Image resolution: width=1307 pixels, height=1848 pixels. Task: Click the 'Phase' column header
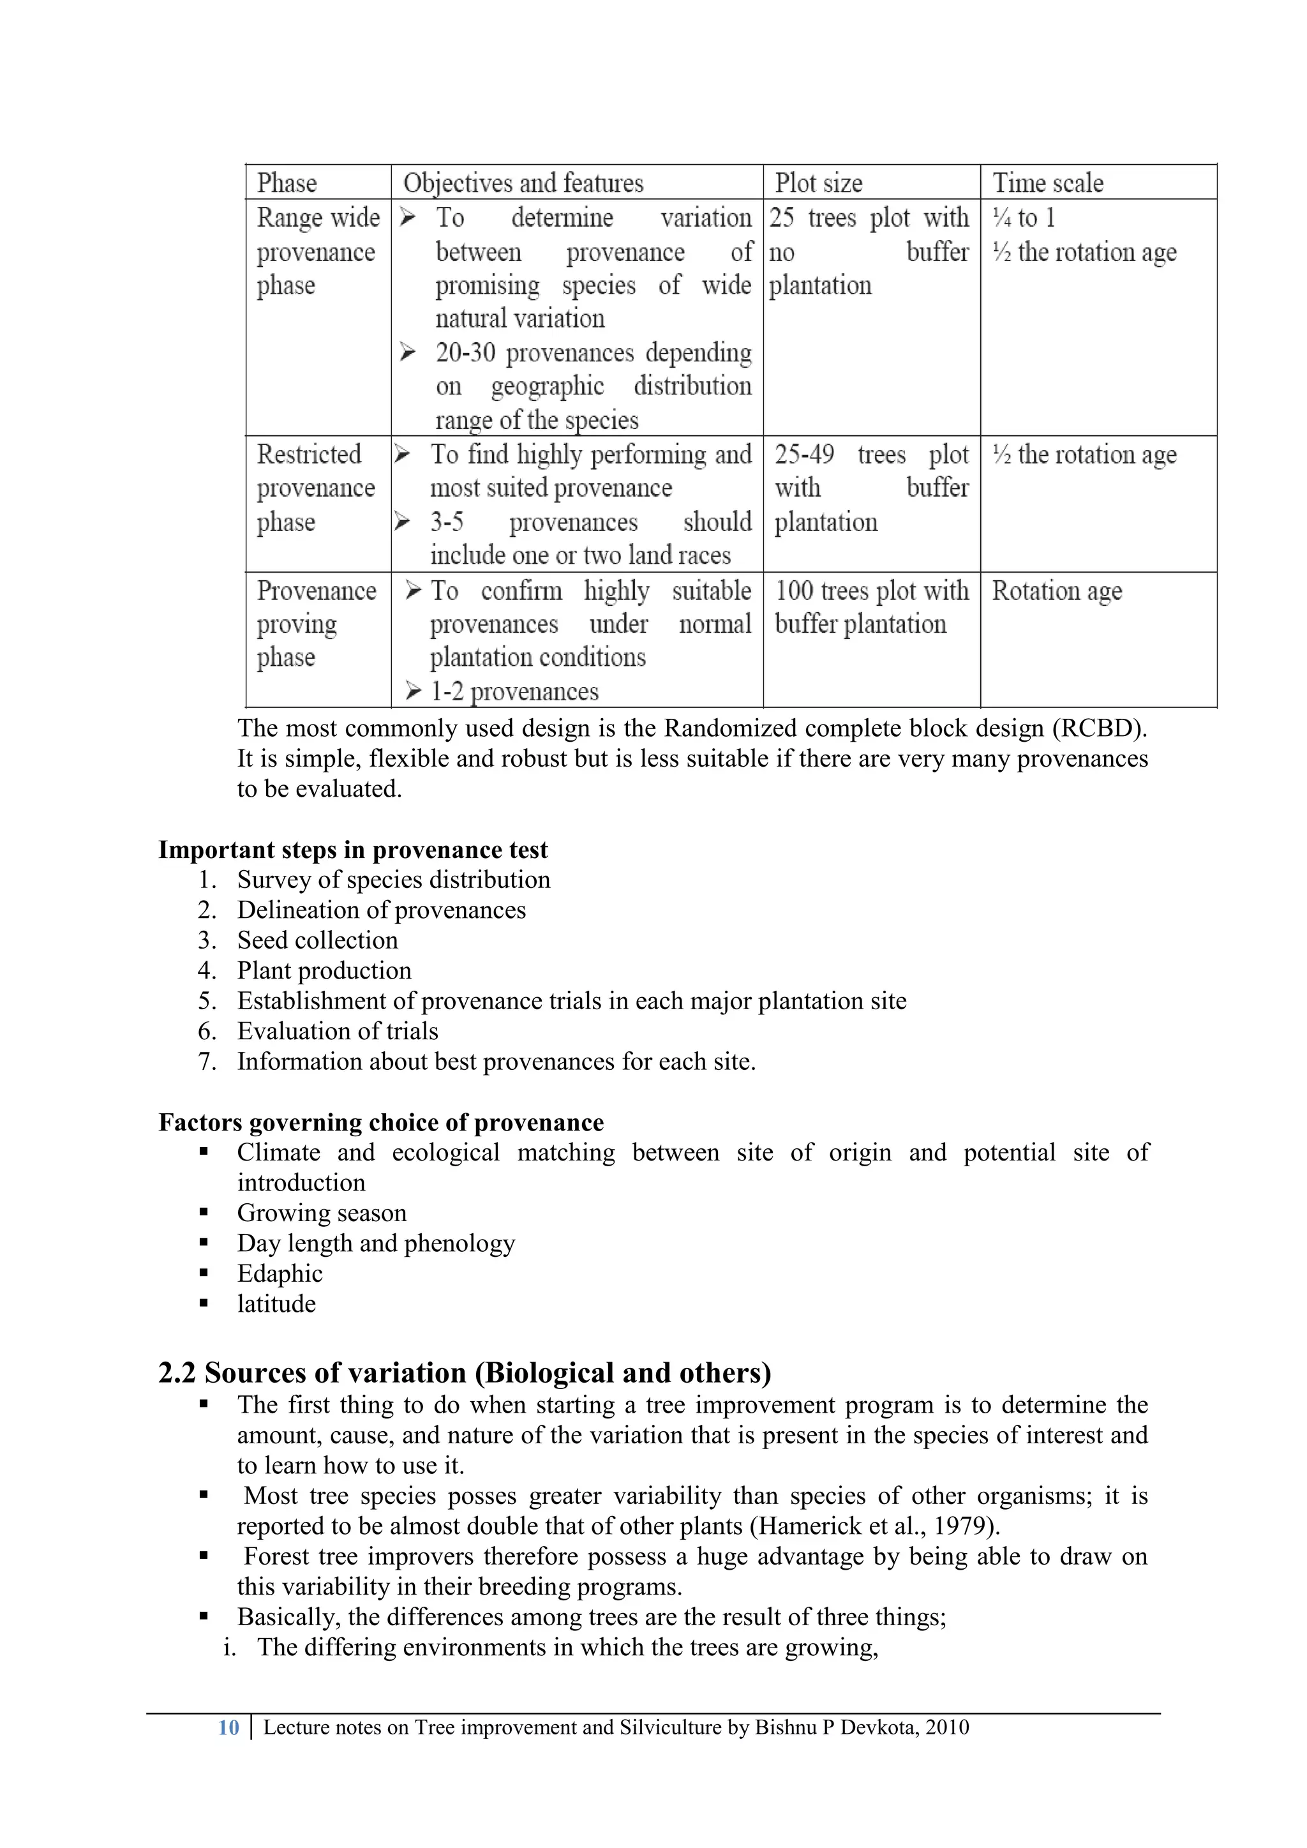287,183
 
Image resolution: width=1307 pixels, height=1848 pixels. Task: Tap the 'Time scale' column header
1047,183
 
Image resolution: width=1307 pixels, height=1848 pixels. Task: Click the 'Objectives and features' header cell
523,183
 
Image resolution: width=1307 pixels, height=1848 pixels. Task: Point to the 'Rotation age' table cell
1056,590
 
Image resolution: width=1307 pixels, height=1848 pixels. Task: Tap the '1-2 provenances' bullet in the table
514,691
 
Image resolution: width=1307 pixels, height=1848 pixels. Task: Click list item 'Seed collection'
317,940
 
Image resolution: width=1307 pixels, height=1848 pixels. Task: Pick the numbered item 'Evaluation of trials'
337,1031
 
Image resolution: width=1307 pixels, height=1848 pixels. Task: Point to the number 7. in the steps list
207,1062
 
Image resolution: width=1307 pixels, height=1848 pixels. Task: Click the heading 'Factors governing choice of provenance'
380,1122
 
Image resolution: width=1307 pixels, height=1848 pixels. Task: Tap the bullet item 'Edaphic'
280,1273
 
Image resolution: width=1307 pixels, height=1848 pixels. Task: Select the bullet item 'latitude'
276,1304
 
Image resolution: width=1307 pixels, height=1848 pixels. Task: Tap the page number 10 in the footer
228,1727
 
